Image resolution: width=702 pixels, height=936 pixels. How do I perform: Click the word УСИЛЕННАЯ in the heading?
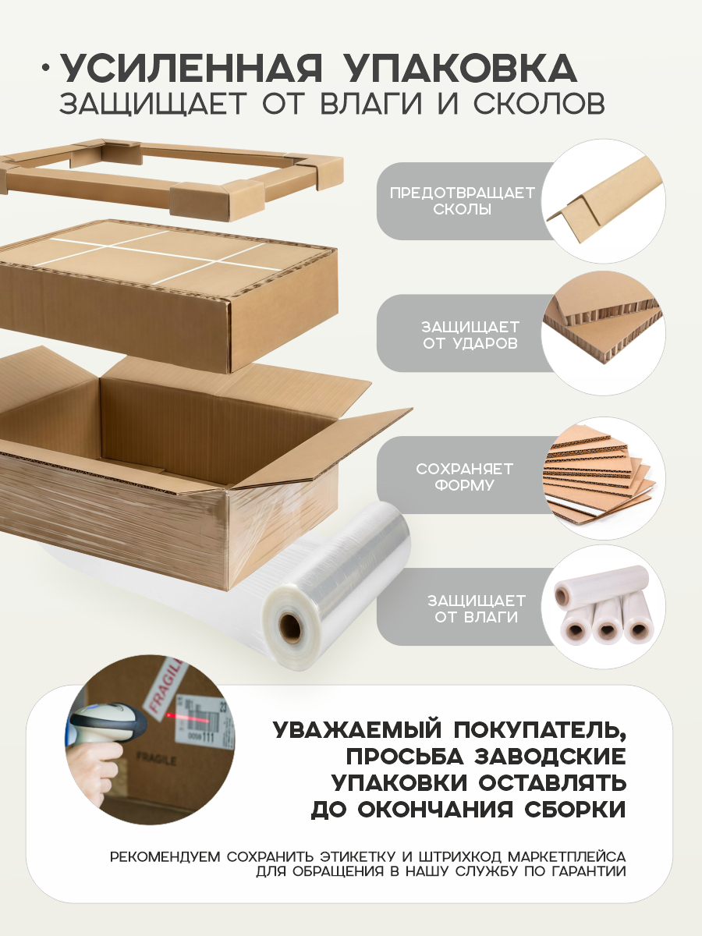[x=191, y=69]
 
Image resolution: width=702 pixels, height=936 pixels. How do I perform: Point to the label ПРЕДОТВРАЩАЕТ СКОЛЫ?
[x=463, y=201]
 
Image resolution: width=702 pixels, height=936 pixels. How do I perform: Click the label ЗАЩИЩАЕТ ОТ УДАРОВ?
[x=470, y=334]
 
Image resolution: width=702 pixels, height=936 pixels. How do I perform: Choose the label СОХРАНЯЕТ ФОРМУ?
[x=464, y=477]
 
